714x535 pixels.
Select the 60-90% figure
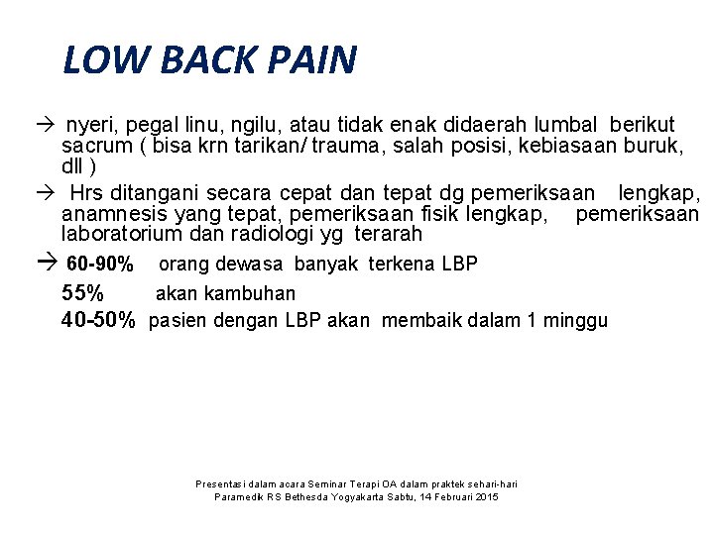pyautogui.click(x=99, y=265)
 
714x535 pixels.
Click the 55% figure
pyautogui.click(x=82, y=293)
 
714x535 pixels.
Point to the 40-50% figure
pyautogui.click(x=97, y=320)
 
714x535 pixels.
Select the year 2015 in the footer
pyautogui.click(x=486, y=497)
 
